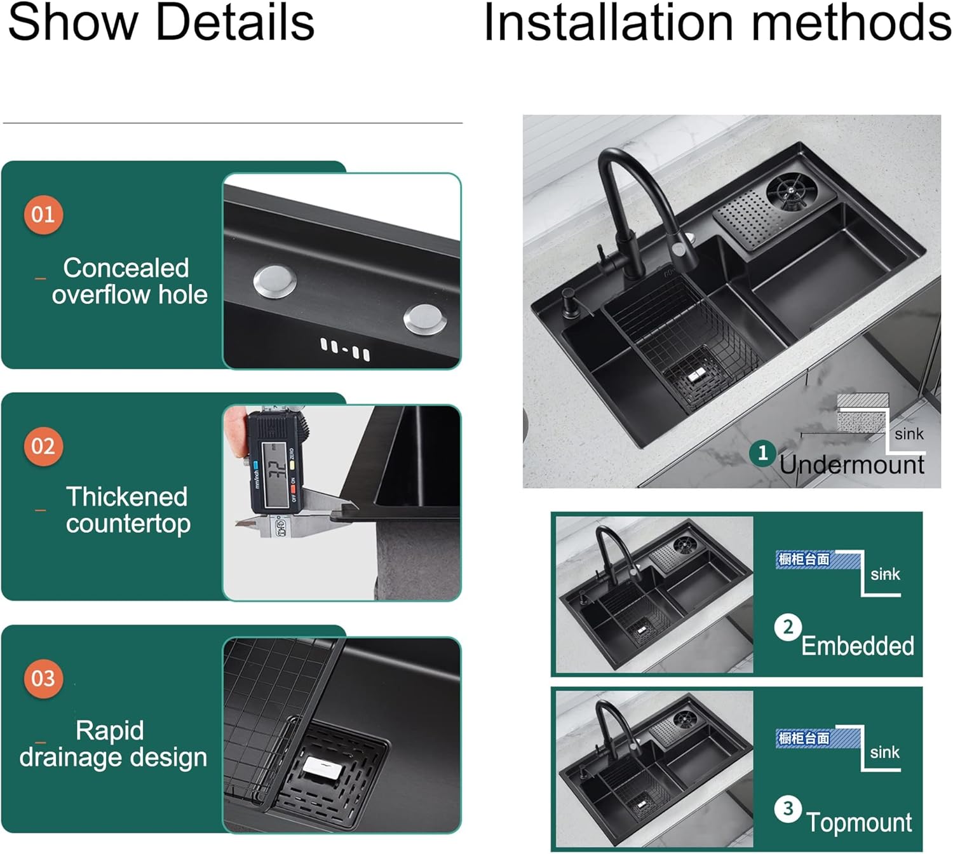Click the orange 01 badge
click(x=43, y=215)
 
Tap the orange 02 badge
click(x=43, y=447)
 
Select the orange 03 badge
click(x=43, y=679)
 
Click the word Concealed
click(x=126, y=268)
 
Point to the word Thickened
click(x=127, y=497)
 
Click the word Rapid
click(x=109, y=731)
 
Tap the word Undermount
click(x=851, y=464)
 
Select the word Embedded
click(x=857, y=646)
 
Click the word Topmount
click(x=859, y=822)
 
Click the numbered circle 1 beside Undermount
click(x=762, y=453)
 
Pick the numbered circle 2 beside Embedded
click(x=788, y=628)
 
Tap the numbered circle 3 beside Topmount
click(x=788, y=809)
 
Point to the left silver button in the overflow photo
click(x=274, y=281)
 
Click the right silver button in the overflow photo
click(x=424, y=318)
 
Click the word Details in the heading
click(x=234, y=23)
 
